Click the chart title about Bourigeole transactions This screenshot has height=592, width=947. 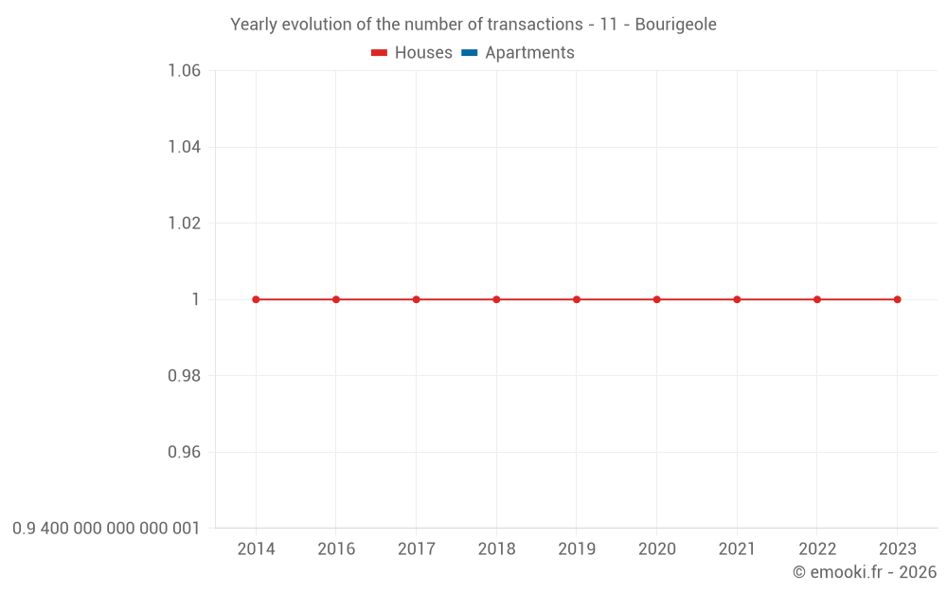pos(473,25)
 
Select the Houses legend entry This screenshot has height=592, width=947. pos(412,53)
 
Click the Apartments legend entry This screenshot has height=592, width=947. pos(518,53)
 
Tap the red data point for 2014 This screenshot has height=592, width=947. pos(256,299)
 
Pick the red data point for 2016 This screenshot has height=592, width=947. pos(336,299)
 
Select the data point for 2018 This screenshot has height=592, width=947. pos(496,299)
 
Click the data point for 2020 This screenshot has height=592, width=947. pos(656,299)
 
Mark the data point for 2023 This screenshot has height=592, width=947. pos(897,299)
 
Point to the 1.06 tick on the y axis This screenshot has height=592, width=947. pos(184,71)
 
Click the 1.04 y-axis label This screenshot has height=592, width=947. pos(184,147)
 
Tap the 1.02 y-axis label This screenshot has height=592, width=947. pos(184,224)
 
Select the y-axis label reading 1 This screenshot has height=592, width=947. pos(195,299)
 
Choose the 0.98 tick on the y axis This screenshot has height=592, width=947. pos(184,376)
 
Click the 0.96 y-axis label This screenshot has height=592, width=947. pos(184,452)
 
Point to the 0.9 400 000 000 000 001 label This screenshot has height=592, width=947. pos(106,529)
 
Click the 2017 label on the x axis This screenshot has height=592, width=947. pos(416,549)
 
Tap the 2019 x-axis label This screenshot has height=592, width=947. pos(577,549)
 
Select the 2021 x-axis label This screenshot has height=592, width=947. pos(737,549)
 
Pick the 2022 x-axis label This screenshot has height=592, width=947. pos(817,549)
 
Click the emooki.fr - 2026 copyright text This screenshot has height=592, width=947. pos(864,572)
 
